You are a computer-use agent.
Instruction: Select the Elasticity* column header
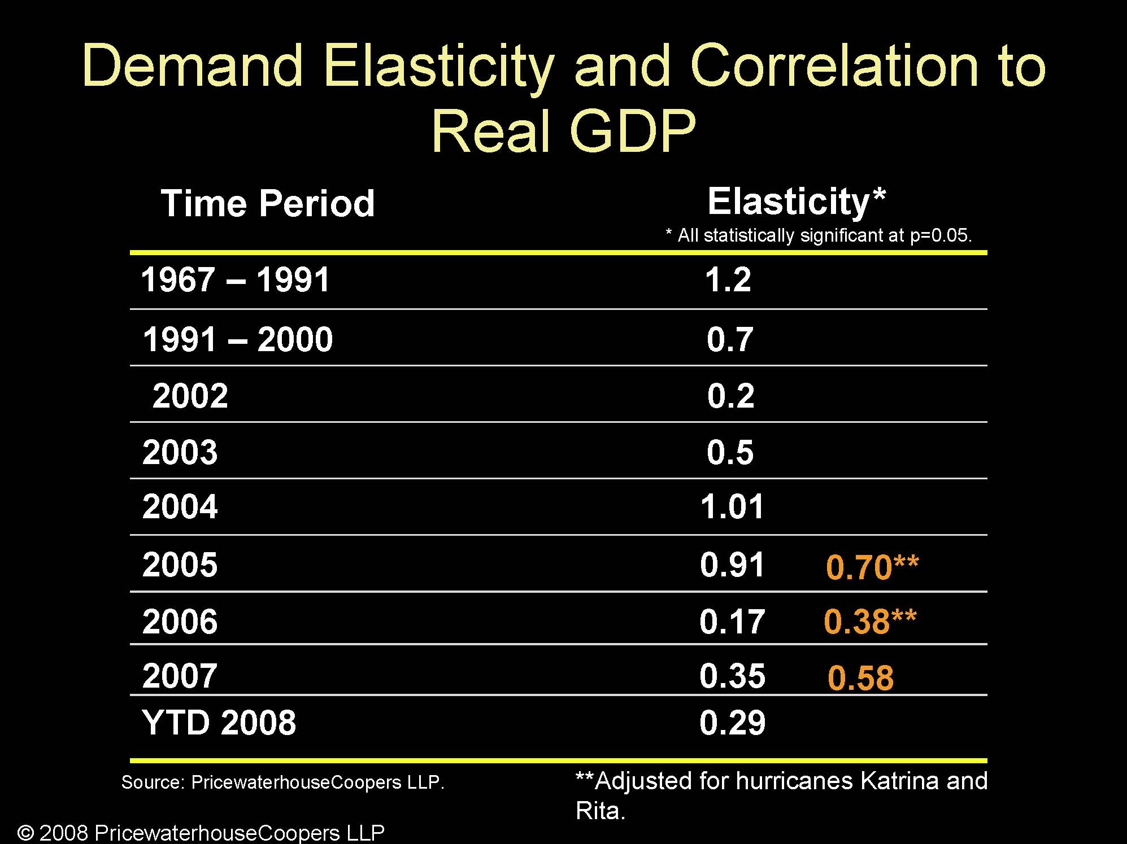[x=797, y=202]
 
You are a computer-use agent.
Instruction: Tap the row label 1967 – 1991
[x=235, y=280]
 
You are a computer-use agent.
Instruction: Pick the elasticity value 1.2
[x=728, y=280]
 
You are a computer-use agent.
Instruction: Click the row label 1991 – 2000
[x=238, y=339]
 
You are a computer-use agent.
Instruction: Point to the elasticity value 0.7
[x=730, y=339]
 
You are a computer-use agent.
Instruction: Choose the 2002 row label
[x=190, y=396]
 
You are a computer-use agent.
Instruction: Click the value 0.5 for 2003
[x=730, y=452]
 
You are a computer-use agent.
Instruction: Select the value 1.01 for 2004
[x=732, y=506]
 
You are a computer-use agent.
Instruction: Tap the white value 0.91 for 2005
[x=732, y=565]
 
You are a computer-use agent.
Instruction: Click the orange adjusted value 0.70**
[x=872, y=567]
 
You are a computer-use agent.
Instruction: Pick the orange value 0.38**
[x=870, y=622]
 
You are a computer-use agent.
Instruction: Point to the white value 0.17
[x=732, y=622]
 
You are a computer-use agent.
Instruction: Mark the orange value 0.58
[x=860, y=678]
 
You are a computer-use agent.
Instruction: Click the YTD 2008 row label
[x=219, y=723]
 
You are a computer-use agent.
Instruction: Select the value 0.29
[x=732, y=723]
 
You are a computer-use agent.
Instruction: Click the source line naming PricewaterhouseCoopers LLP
[x=283, y=782]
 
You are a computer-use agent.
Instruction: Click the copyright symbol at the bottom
[x=26, y=833]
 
